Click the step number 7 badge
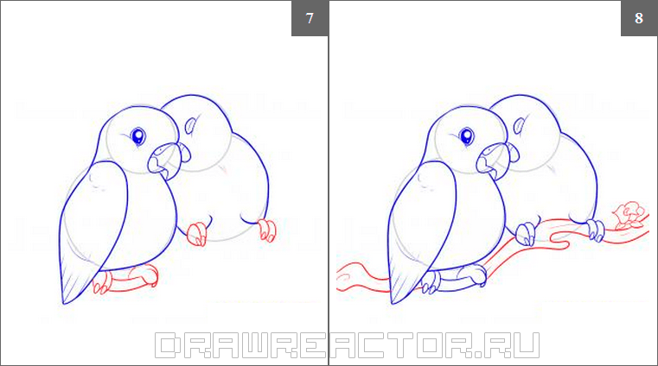pyautogui.click(x=310, y=18)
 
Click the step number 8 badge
pyautogui.click(x=639, y=18)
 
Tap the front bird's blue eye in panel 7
pyautogui.click(x=137, y=136)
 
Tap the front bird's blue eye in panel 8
pyautogui.click(x=467, y=136)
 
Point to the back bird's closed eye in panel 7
pyautogui.click(x=191, y=125)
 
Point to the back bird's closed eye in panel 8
pyautogui.click(x=520, y=125)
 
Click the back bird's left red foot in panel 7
pyautogui.click(x=196, y=234)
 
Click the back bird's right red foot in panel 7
pyautogui.click(x=266, y=230)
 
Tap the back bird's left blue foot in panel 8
pyautogui.click(x=526, y=234)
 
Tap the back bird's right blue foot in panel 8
pyautogui.click(x=596, y=230)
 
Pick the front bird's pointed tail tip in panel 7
pyautogui.click(x=63, y=303)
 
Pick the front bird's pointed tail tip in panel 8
pyautogui.click(x=392, y=303)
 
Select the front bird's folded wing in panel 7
pyautogui.click(x=93, y=226)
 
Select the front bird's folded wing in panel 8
pyautogui.click(x=422, y=226)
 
